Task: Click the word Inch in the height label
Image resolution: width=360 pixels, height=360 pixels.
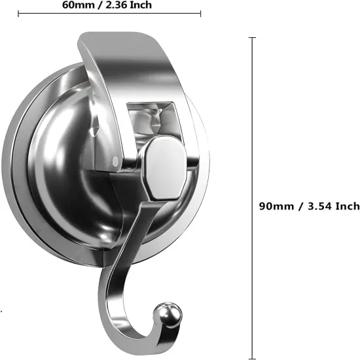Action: (348, 206)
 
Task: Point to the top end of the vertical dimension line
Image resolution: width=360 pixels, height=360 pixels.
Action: (253, 39)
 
